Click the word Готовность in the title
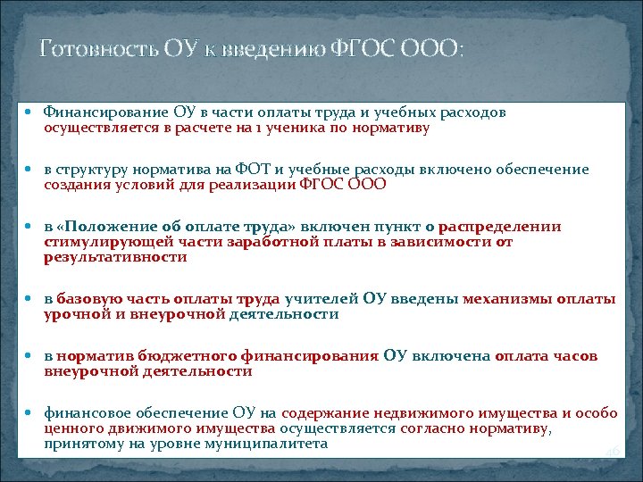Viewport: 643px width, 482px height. [x=87, y=48]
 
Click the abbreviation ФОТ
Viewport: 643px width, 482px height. [x=267, y=170]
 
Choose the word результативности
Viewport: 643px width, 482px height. [x=115, y=257]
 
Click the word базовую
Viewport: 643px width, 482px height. [x=86, y=299]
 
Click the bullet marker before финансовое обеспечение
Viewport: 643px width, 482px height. [x=32, y=414]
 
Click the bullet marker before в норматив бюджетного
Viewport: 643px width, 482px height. [x=32, y=356]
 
